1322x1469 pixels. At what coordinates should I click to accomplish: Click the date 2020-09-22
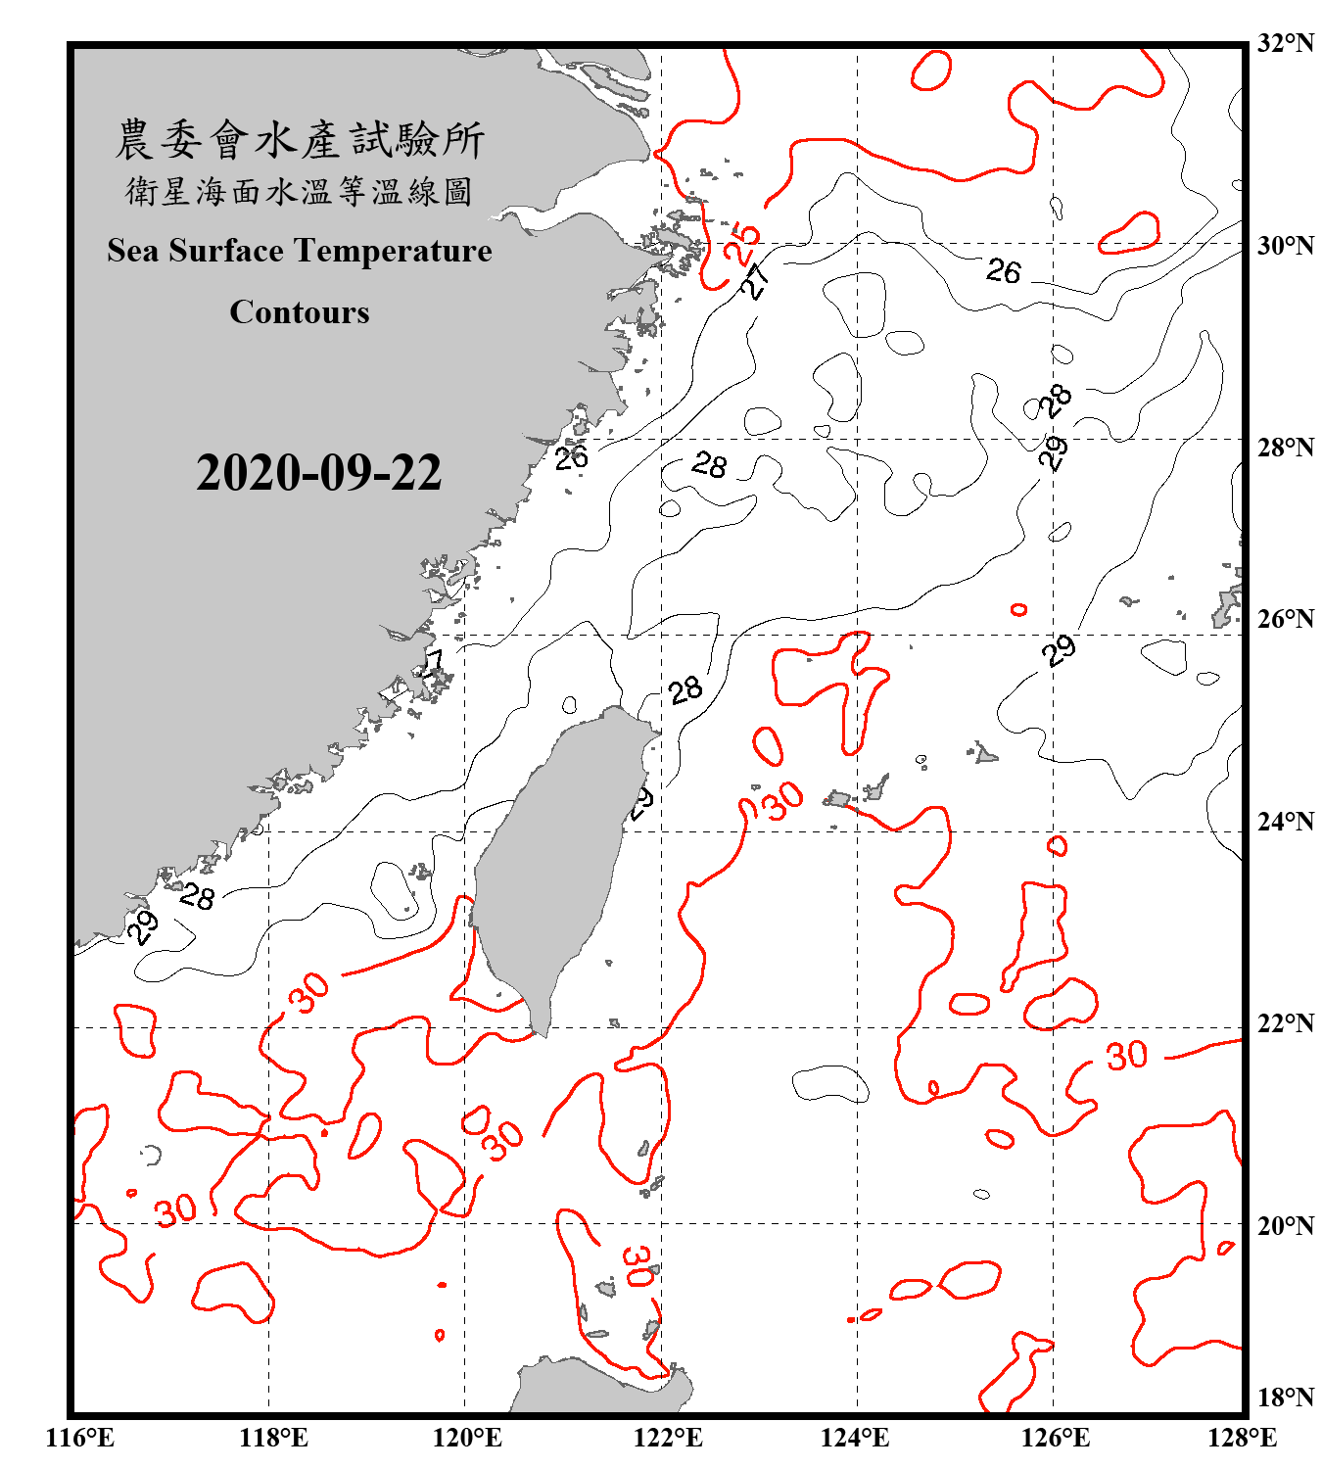318,472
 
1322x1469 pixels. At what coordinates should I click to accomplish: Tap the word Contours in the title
300,312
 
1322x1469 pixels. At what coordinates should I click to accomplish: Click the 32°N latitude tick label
1285,42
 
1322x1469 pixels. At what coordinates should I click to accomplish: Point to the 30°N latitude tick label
1285,245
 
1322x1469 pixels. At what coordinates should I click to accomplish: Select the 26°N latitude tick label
1285,618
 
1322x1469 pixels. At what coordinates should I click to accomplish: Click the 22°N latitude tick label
1285,1023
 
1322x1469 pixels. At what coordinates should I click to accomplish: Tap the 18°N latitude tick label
1285,1397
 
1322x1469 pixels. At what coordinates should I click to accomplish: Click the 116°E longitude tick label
81,1438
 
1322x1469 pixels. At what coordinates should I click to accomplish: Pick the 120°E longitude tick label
467,1438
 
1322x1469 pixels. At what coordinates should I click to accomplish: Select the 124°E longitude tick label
855,1438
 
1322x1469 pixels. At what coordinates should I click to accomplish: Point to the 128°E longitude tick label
1242,1438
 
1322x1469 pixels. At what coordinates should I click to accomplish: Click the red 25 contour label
741,242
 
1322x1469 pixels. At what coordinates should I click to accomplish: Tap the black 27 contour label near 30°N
755,281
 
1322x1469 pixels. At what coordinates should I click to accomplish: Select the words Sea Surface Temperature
300,251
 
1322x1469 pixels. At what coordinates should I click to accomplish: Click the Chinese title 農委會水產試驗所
300,140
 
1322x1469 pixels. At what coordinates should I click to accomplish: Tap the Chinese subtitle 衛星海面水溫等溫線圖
300,191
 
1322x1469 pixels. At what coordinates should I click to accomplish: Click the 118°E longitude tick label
273,1438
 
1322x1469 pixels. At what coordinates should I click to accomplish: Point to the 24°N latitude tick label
1285,821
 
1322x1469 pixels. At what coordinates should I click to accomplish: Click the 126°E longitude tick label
1056,1438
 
